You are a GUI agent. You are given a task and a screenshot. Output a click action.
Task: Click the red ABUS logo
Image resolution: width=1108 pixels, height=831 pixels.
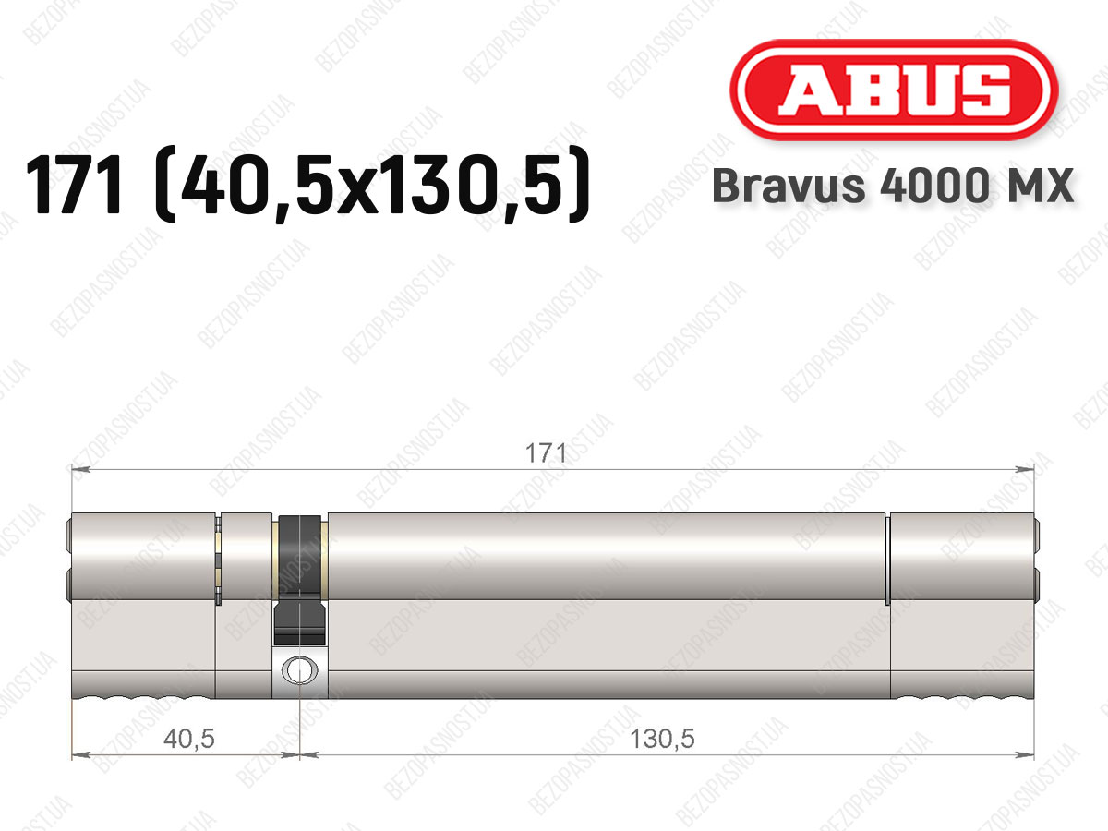click(x=894, y=90)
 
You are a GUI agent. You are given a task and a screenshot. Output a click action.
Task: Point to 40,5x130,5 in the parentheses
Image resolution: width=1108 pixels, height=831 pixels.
click(x=372, y=186)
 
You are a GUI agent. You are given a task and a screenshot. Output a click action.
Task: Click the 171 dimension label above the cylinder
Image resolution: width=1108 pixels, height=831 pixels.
click(x=546, y=453)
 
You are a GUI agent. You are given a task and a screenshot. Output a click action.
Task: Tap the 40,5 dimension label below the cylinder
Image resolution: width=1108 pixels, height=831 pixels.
click(x=188, y=740)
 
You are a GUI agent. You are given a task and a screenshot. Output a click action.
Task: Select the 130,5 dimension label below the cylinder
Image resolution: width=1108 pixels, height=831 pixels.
click(x=662, y=740)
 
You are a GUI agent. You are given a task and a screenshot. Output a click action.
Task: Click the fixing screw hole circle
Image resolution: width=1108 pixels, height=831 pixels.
click(x=300, y=669)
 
